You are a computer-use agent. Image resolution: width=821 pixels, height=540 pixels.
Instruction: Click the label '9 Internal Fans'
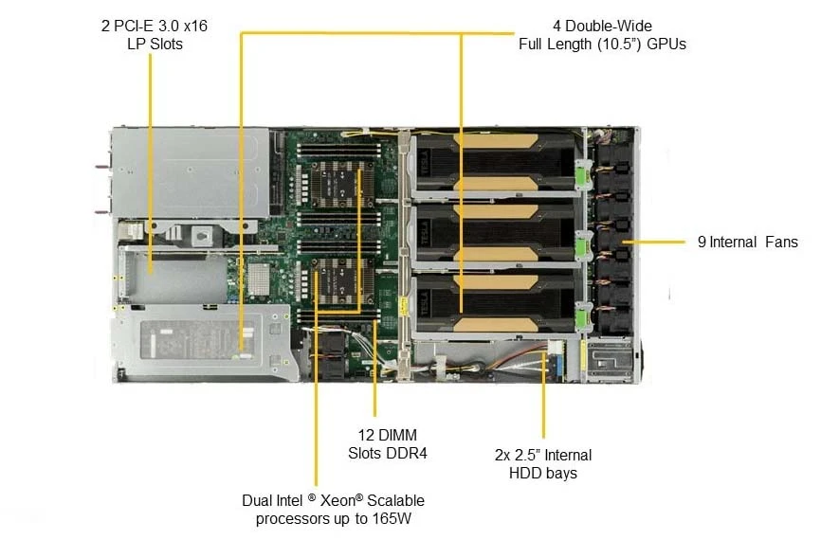pyautogui.click(x=747, y=242)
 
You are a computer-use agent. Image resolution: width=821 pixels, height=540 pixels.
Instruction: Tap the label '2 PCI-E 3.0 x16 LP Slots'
pyautogui.click(x=155, y=34)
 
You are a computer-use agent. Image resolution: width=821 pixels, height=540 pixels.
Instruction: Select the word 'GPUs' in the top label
pyautogui.click(x=666, y=44)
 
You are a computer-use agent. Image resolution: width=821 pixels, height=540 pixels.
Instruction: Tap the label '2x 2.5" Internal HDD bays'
pyautogui.click(x=543, y=463)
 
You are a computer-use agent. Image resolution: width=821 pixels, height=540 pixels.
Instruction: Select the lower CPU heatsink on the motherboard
pyautogui.click(x=340, y=283)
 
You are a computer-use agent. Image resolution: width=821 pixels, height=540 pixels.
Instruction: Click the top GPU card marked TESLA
pyautogui.click(x=495, y=161)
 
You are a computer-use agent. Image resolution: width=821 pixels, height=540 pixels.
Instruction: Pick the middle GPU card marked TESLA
pyautogui.click(x=495, y=233)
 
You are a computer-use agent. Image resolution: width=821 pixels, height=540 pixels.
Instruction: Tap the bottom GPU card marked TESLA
pyautogui.click(x=495, y=303)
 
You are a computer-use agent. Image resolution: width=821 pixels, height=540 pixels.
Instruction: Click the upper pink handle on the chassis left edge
pyautogui.click(x=102, y=167)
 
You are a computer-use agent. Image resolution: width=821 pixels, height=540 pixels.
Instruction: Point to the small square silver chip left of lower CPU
pyautogui.click(x=259, y=278)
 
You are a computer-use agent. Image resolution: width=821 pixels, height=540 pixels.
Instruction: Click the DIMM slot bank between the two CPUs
pyautogui.click(x=339, y=233)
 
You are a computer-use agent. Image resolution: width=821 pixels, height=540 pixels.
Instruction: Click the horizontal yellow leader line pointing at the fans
pyautogui.click(x=653, y=242)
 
